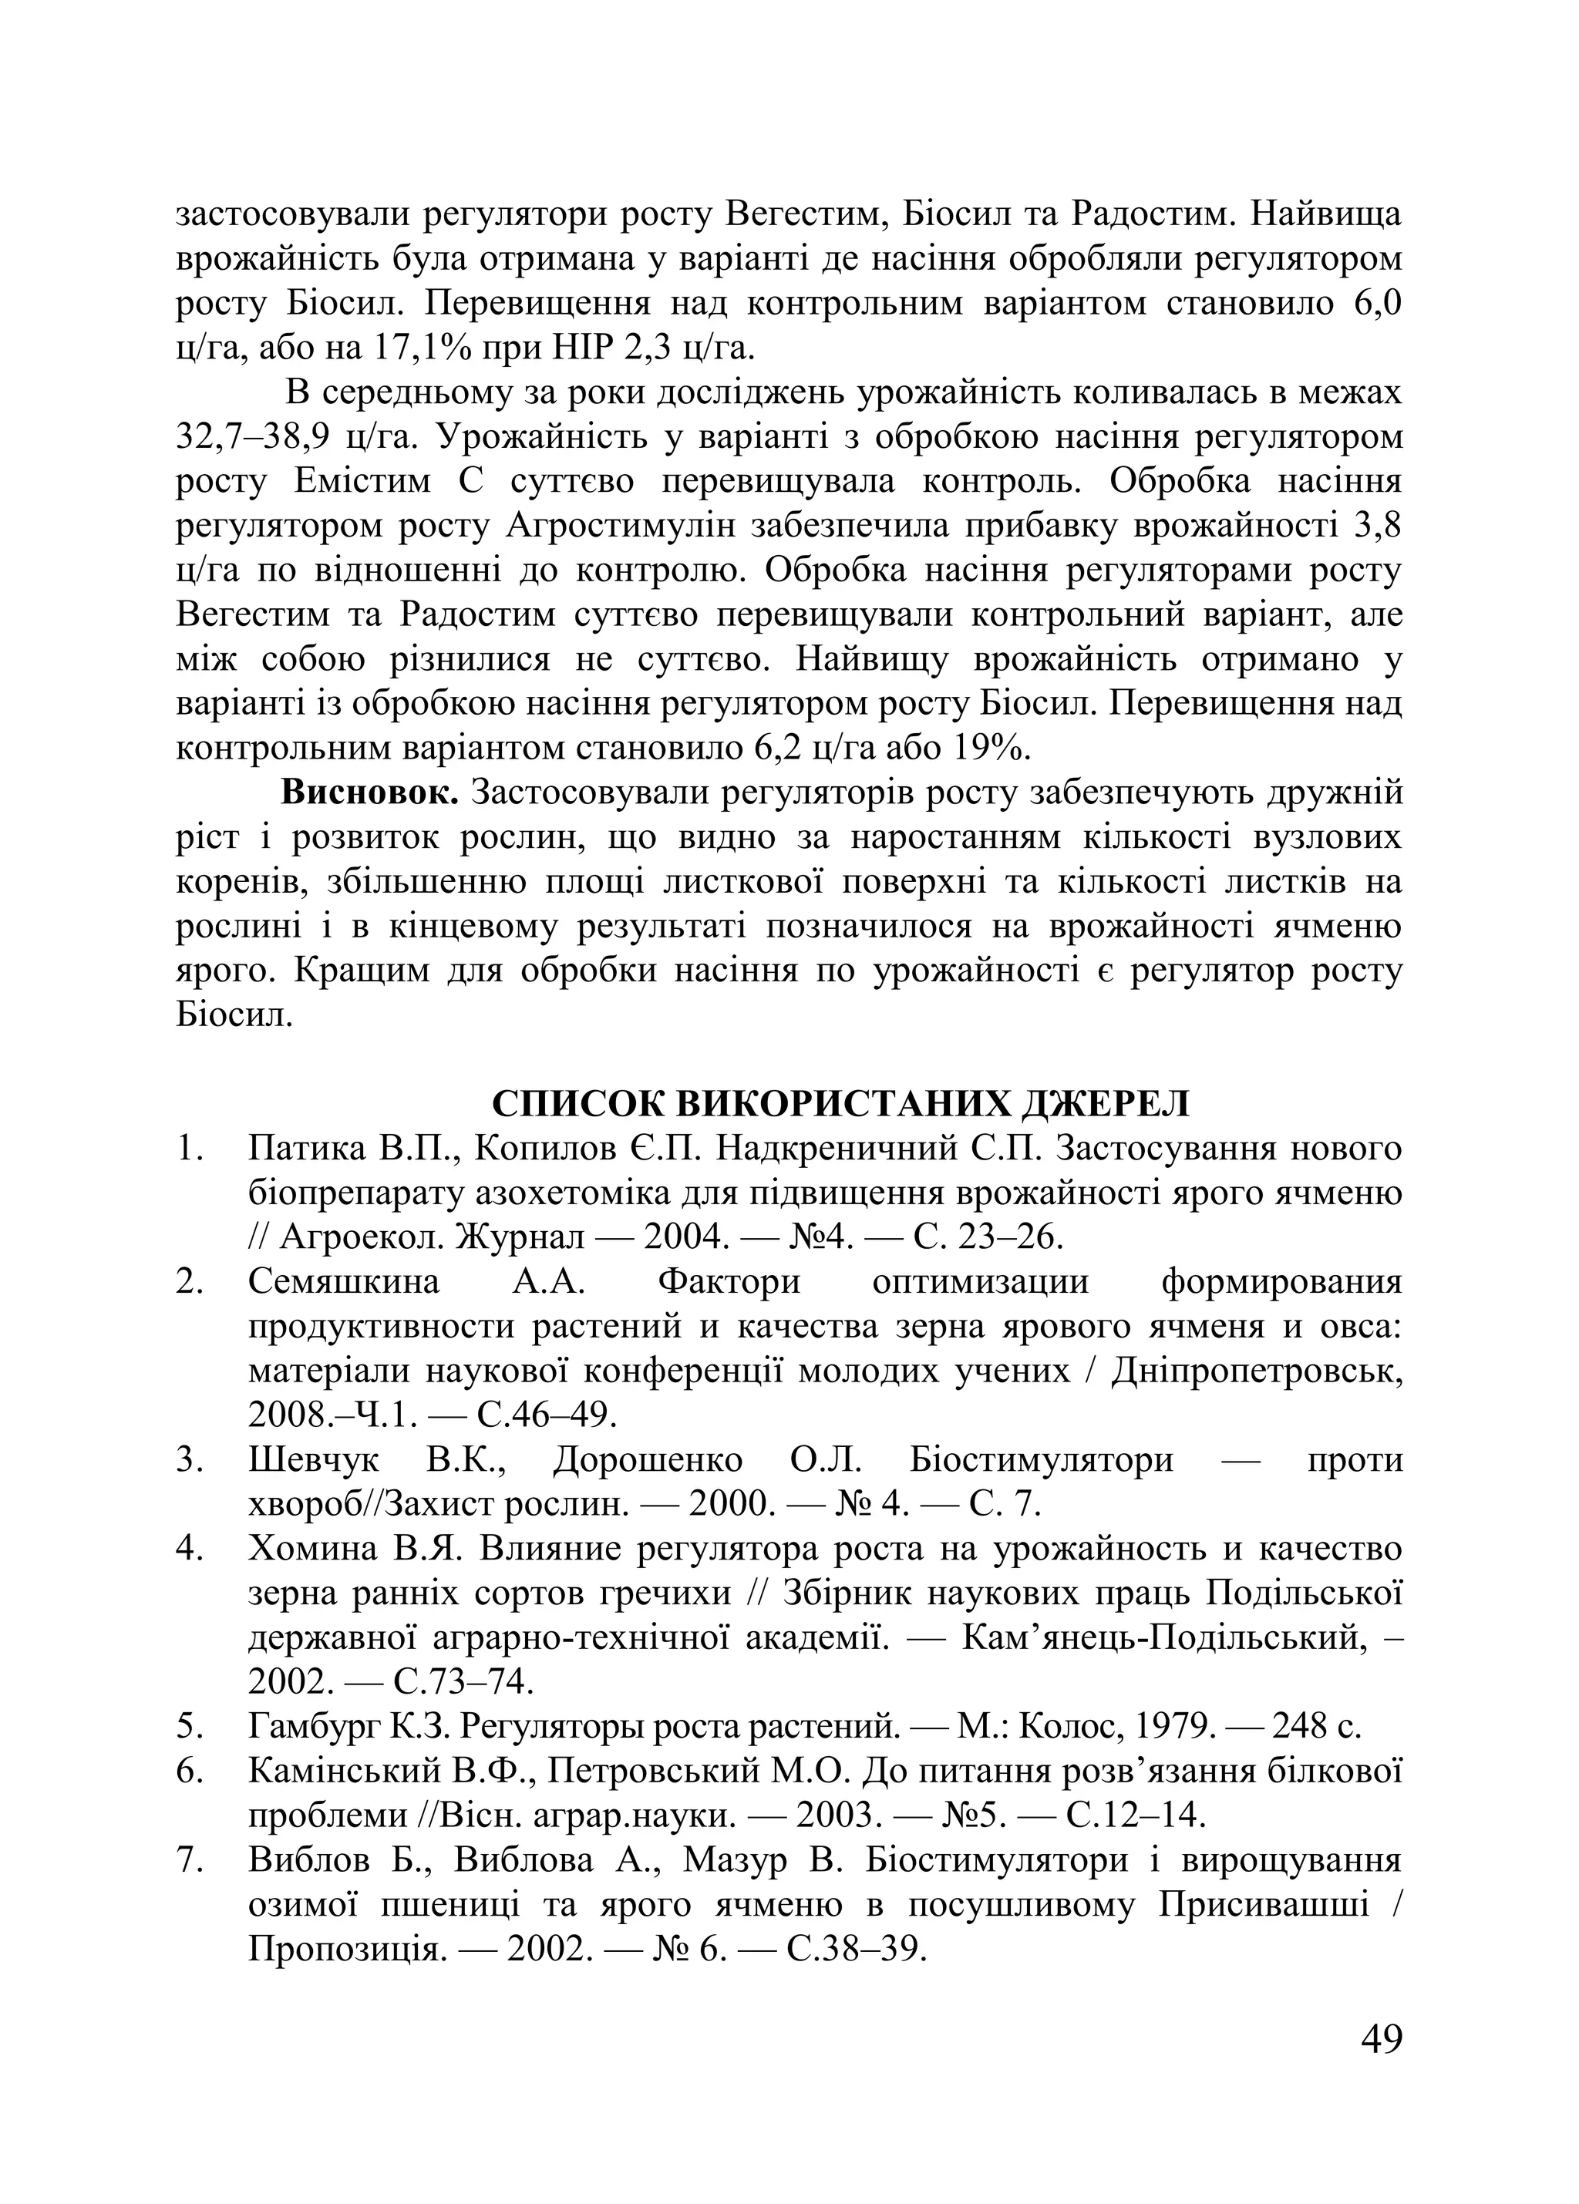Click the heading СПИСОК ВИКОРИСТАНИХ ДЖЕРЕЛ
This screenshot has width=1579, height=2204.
tap(840, 1104)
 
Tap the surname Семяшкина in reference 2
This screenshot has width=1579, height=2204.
tap(344, 1282)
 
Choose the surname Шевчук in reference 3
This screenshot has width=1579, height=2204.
tap(314, 1459)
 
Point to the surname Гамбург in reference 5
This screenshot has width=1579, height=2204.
tap(318, 1726)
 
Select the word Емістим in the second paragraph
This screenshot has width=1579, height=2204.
tap(361, 482)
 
